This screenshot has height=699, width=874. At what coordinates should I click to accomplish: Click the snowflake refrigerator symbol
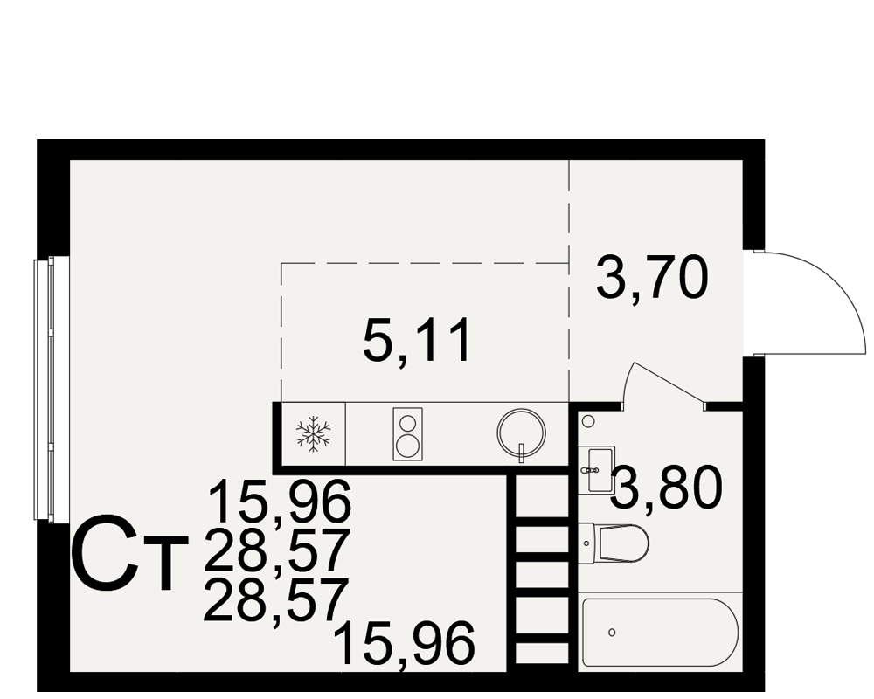313,433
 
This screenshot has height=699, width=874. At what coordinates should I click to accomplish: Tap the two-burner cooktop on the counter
407,434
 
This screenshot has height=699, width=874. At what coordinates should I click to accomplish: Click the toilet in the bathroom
614,543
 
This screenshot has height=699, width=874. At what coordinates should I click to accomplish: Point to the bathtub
660,633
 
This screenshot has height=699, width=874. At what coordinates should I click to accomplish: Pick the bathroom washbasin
597,469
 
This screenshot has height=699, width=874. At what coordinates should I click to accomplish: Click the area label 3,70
652,277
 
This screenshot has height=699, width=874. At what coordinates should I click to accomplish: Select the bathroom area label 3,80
667,488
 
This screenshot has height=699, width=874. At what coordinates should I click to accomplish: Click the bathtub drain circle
612,632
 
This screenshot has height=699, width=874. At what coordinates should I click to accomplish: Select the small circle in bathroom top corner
588,421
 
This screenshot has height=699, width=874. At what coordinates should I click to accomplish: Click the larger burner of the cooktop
407,446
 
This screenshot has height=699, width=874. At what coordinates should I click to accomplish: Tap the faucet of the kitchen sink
522,453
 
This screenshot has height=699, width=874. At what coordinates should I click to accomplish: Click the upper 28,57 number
277,550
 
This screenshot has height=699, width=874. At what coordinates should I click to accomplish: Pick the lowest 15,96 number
406,644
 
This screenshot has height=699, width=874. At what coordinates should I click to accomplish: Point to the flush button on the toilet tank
586,543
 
